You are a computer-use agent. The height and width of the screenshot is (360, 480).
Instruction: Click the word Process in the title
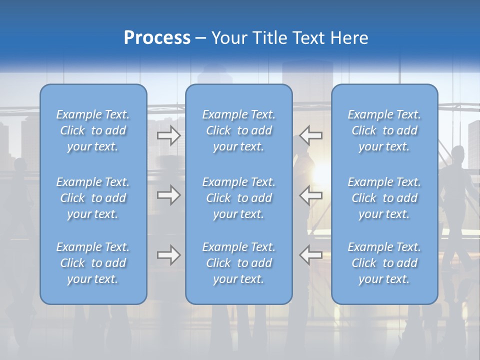pos(157,38)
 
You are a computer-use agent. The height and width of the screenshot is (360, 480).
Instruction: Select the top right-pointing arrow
pos(168,135)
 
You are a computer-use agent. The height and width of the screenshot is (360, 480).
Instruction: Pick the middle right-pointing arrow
pos(168,195)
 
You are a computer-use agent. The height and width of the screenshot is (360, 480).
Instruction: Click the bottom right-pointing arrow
pos(168,255)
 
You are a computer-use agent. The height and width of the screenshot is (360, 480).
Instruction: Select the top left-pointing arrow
pos(311,135)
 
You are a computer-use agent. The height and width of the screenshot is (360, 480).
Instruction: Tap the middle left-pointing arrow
pos(311,195)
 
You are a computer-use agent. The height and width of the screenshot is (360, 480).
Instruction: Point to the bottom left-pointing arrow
pos(311,255)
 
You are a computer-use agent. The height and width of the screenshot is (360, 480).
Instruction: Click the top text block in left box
pos(93,130)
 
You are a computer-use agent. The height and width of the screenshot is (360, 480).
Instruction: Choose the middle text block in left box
pos(93,198)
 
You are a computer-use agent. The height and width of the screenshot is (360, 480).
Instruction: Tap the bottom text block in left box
pos(93,263)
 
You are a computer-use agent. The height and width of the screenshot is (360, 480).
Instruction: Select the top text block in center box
pos(238,130)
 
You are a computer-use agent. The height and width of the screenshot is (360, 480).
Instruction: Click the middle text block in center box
pos(238,198)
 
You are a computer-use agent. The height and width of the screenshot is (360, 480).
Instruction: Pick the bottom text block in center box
pos(238,263)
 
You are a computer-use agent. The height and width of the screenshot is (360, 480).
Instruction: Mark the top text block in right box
pos(384,130)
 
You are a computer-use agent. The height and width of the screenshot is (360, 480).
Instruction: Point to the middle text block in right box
pos(384,198)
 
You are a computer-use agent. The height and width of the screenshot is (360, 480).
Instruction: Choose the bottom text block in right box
pos(384,263)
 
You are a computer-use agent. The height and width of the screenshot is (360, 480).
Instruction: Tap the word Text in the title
pos(309,38)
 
